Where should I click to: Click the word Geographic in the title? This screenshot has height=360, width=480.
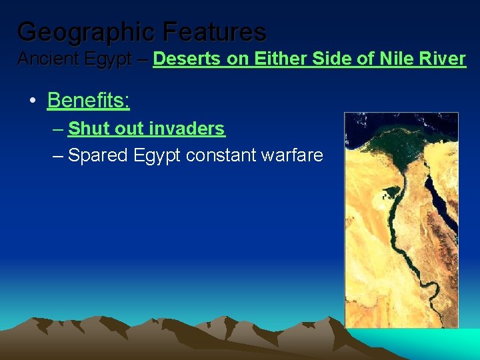pos(87,31)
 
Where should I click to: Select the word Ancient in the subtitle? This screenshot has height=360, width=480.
pos(45,59)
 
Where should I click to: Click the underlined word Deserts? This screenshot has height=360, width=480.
pos(187,59)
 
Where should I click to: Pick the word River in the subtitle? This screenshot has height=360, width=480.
pos(443,59)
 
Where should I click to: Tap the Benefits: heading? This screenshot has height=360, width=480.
pos(88,101)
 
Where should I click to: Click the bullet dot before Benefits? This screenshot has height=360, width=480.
pos(32,101)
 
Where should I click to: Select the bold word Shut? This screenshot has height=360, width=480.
pos(88,128)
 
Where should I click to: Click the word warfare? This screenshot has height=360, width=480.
pos(295,156)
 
